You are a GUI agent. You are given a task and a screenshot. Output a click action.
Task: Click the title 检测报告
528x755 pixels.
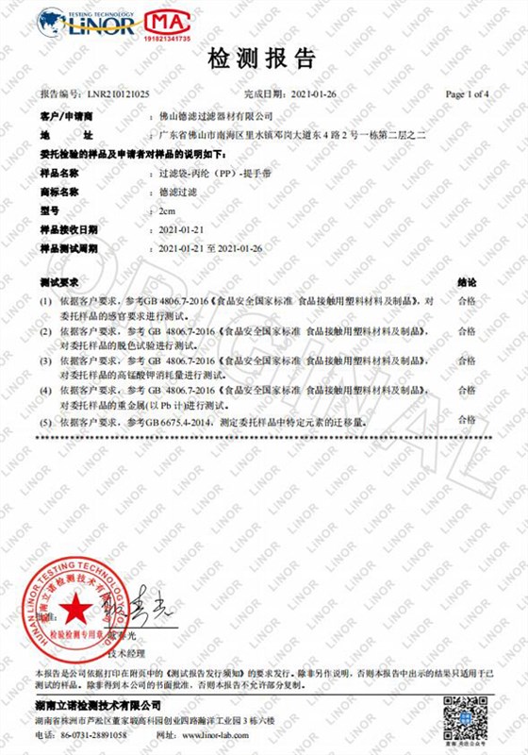[263, 60]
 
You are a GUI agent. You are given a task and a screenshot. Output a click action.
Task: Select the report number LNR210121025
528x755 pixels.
[118, 95]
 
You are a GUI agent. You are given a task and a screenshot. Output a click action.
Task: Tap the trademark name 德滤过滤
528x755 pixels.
[180, 192]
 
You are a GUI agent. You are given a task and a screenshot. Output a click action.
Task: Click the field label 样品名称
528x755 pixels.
[59, 174]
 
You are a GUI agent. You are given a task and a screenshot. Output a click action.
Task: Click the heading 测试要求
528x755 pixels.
[59, 282]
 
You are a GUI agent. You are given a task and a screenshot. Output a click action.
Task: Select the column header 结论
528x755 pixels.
[466, 282]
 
